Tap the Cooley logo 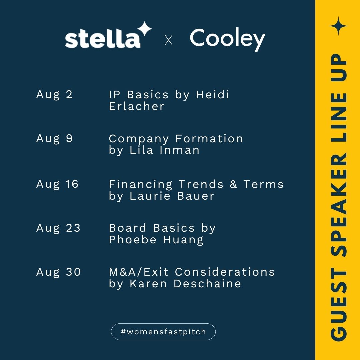click(228, 39)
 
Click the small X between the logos click(169, 40)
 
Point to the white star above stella click(144, 29)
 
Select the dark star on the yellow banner click(338, 26)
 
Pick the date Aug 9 click(54, 139)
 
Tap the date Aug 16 click(57, 184)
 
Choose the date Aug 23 click(58, 228)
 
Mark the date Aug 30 click(59, 272)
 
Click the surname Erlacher click(137, 106)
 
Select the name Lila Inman click(164, 150)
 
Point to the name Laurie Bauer click(172, 196)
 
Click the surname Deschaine click(207, 284)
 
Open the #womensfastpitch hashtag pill click(163, 332)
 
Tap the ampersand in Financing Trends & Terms click(233, 184)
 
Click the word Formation click(209, 139)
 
